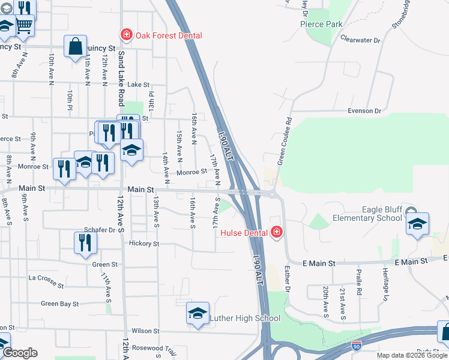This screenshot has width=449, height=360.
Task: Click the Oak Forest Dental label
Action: (x=169, y=35)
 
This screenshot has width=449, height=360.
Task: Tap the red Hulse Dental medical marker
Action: (x=277, y=232)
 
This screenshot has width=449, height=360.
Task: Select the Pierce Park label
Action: (x=321, y=24)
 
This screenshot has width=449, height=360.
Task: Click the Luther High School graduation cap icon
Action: (x=197, y=314)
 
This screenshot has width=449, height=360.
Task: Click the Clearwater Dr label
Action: (x=360, y=40)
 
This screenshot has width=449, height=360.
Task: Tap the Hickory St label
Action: (x=144, y=244)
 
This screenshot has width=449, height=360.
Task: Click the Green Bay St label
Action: (x=59, y=304)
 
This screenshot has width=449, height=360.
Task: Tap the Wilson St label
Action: (x=145, y=331)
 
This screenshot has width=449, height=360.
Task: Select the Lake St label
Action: (x=138, y=85)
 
